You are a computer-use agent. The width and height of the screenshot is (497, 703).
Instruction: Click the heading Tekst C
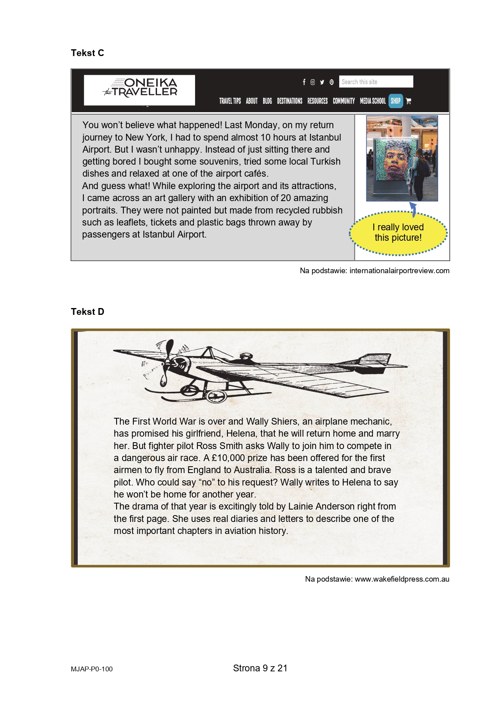(x=87, y=53)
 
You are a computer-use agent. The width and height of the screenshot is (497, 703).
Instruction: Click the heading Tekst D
(x=87, y=312)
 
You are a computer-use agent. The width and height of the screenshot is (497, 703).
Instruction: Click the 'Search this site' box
(x=376, y=82)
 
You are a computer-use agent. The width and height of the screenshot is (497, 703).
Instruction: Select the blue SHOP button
(x=396, y=101)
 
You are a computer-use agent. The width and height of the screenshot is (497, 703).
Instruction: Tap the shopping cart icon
(x=408, y=101)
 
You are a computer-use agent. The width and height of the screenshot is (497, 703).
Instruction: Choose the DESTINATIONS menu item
(x=290, y=101)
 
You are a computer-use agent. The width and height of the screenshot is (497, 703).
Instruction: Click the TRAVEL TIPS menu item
(x=230, y=101)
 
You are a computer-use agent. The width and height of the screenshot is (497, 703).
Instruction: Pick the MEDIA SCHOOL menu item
(x=372, y=101)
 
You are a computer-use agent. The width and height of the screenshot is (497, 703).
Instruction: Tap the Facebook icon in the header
(x=304, y=82)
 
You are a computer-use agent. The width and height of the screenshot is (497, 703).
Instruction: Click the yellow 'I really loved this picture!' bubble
(x=398, y=233)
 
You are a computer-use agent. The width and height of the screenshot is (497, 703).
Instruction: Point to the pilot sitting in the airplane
(x=244, y=358)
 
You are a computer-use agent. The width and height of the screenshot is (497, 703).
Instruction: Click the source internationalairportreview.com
(x=399, y=271)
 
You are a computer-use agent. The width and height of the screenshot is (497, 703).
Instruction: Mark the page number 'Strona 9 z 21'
(x=260, y=668)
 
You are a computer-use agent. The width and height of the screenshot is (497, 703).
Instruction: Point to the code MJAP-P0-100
(x=92, y=669)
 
